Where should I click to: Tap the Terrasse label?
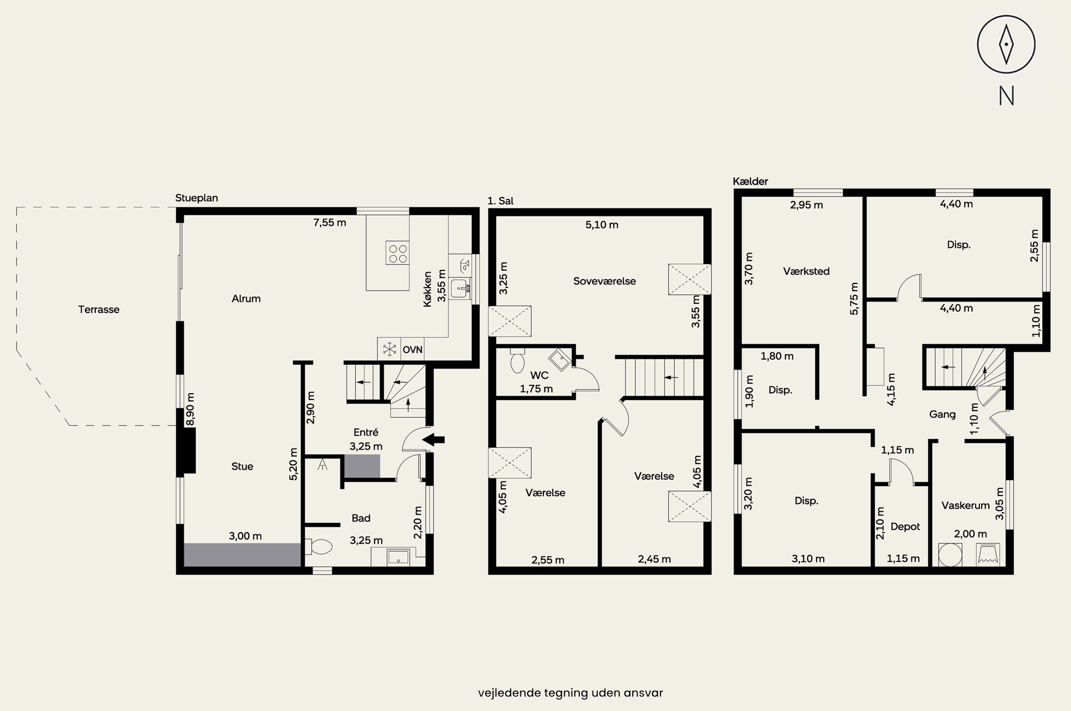coord(99,309)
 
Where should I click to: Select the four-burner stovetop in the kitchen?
coord(397,253)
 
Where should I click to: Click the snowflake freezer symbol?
coord(389,349)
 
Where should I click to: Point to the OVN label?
coord(413,350)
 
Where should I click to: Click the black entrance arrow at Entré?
coord(433,440)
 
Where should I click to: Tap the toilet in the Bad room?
coord(318,547)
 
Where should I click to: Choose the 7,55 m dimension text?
coord(329,223)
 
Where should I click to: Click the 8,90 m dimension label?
coord(190,410)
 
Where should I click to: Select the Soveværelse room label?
coord(605,281)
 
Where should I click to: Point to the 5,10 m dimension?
coord(601,225)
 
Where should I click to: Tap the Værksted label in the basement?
coord(806,271)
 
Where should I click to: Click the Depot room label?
coord(905,527)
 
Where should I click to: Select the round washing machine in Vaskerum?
coord(950,555)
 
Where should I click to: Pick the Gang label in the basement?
coord(942,415)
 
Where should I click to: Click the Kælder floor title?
coord(750,181)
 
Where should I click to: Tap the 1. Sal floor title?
coord(500,201)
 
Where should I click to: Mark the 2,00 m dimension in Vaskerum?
coord(971,534)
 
